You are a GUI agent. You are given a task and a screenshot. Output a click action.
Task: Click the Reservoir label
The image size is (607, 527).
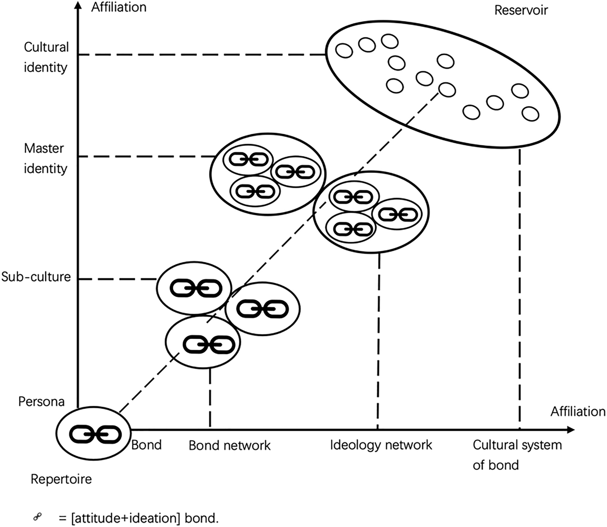tap(521, 10)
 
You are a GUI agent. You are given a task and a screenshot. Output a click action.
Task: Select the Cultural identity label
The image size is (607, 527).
tap(46, 57)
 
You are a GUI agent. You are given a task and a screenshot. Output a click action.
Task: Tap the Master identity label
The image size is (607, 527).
tap(45, 158)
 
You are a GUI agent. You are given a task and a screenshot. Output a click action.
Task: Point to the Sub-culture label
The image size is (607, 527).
tap(36, 277)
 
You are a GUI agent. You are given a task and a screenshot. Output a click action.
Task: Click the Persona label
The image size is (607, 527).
tap(41, 402)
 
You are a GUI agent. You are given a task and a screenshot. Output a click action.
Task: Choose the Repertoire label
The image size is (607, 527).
tap(61, 479)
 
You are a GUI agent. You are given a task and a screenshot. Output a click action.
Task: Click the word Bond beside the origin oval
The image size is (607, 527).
tap(146, 445)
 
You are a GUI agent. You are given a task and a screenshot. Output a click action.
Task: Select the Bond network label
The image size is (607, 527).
tap(229, 445)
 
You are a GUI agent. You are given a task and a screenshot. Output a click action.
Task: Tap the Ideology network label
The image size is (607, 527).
tap(381, 445)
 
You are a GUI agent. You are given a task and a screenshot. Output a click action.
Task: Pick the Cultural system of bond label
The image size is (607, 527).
tap(516, 454)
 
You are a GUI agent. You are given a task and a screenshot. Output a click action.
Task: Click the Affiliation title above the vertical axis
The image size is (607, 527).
tap(119, 7)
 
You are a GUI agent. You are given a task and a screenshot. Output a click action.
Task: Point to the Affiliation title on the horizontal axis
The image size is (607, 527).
tap(578, 411)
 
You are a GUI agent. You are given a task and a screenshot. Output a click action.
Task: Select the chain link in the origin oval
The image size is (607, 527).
tap(95, 434)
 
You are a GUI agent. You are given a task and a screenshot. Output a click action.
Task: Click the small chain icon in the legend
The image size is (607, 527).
tap(38, 517)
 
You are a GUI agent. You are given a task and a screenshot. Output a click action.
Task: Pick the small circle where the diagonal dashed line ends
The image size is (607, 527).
tap(447, 89)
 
